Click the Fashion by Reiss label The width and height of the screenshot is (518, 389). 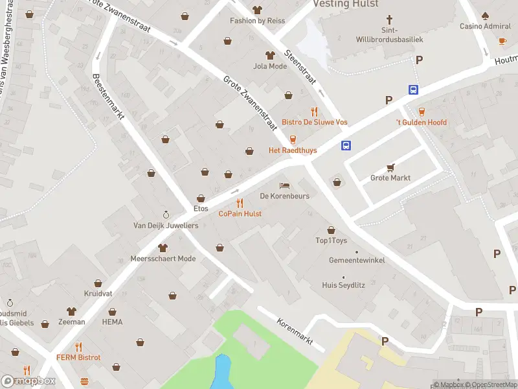tap(257, 21)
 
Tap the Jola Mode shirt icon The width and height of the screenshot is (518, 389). tap(270, 55)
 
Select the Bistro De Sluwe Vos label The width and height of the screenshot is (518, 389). tap(314, 122)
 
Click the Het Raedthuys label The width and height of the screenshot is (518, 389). tap(293, 150)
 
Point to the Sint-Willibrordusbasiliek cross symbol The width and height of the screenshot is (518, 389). tap(389, 20)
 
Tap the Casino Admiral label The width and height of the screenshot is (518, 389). tap(485, 27)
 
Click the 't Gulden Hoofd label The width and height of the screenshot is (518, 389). tap(422, 122)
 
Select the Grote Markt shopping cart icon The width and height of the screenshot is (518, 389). tap(390, 167)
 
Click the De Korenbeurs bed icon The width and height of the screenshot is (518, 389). tap(284, 185)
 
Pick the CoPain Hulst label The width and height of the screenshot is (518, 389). tap(240, 213)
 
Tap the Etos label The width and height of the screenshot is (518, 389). tap(201, 209)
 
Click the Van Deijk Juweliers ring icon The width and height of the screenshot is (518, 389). tap(166, 215)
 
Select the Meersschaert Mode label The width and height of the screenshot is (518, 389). tap(163, 259)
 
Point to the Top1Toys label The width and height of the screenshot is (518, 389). tap(331, 241)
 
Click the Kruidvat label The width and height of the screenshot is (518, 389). tap(98, 294)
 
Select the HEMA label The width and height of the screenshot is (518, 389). tap(112, 322)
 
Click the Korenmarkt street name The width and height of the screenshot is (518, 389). tap(295, 331)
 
